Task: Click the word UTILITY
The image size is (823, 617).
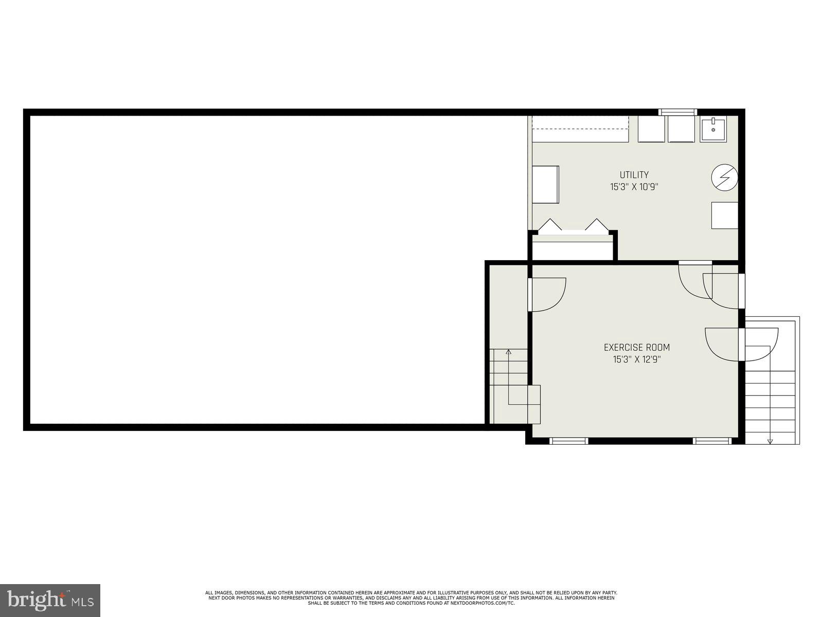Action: tap(634, 175)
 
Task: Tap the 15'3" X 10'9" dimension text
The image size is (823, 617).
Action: tap(634, 187)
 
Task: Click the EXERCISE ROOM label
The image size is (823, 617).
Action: tap(637, 348)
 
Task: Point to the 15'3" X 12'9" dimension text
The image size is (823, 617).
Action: tap(637, 360)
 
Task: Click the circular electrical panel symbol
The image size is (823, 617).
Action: tap(724, 178)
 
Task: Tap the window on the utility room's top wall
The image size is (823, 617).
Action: tap(678, 112)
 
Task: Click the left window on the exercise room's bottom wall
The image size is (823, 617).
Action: tap(568, 441)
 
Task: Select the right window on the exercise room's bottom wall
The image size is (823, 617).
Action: tap(712, 441)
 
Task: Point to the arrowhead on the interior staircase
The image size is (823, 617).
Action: tap(509, 352)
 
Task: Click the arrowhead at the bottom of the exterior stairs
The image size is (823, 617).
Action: tap(770, 440)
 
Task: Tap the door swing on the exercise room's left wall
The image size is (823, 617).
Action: tap(547, 295)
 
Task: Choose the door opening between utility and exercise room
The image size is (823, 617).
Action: tap(695, 263)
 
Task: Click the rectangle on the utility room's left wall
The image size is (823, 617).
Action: tap(545, 185)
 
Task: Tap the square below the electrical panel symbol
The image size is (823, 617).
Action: tap(724, 215)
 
